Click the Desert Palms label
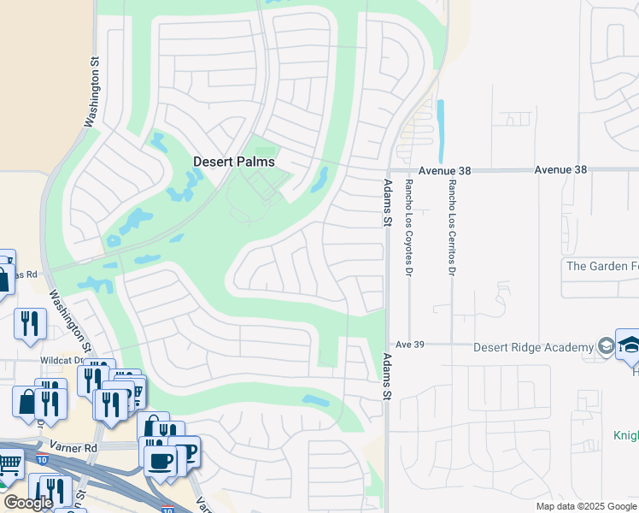point(234,162)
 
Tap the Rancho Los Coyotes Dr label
point(409,215)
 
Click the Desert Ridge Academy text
point(534,347)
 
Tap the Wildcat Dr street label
point(60,361)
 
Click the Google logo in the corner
point(28,503)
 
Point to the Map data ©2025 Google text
point(586,506)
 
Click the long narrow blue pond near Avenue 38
point(441,131)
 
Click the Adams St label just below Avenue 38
point(387,203)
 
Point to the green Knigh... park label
point(625,435)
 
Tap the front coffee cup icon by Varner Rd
point(158,461)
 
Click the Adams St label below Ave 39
point(387,376)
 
